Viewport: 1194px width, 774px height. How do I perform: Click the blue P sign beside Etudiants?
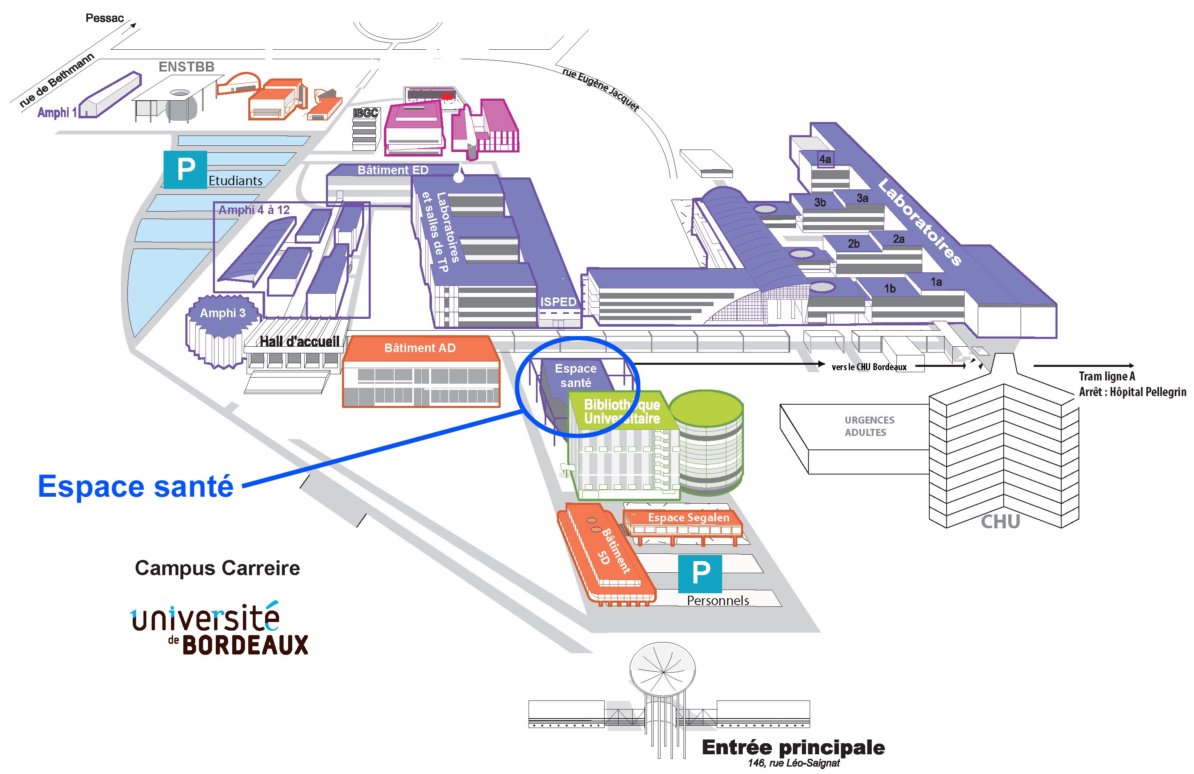coord(185,169)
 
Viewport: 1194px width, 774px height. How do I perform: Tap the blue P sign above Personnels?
coord(700,573)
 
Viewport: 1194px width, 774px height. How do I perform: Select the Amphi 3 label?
coord(223,313)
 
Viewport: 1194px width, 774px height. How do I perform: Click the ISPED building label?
coord(558,302)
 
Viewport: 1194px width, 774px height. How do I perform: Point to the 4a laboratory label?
coord(825,159)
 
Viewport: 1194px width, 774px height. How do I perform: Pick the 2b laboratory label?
coord(853,244)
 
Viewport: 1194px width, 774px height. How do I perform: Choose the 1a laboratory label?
coord(936,282)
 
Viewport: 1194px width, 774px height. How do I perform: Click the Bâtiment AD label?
coord(420,348)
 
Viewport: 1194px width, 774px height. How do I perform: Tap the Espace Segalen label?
coord(688,517)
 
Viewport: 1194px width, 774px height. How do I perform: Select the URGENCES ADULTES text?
coord(869,426)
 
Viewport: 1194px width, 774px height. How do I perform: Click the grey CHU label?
coord(1000,522)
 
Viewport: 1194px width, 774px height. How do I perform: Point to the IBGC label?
coord(365,113)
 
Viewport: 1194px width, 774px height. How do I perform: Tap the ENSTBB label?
coord(186,67)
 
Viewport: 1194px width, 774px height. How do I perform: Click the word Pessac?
coord(104,18)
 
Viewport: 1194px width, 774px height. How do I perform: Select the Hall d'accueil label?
coord(300,341)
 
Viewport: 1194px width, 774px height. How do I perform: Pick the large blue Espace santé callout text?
coord(136,486)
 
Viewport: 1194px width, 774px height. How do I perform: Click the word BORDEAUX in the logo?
coord(245,645)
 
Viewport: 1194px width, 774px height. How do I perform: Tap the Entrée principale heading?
coord(793,747)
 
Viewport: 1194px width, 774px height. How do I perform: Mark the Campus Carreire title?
coord(217,568)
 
